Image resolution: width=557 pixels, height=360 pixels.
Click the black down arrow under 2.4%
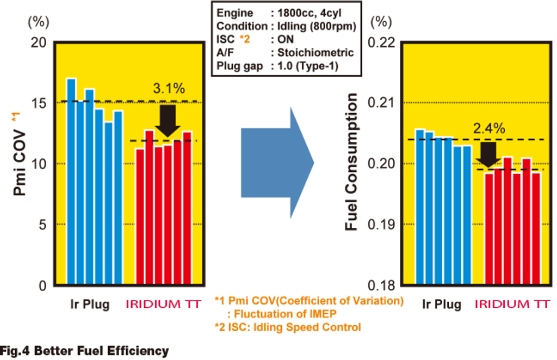488,154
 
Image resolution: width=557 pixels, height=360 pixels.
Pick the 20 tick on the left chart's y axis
39,42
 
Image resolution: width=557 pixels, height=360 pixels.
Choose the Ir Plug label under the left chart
90,304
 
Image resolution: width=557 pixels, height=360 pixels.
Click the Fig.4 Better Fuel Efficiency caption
84,351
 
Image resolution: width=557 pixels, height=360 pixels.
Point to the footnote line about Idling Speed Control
288,327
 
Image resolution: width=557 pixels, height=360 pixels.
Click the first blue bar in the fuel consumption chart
420,207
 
